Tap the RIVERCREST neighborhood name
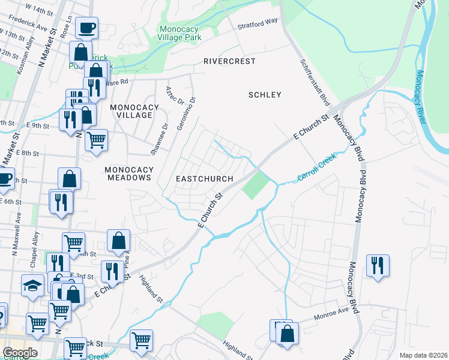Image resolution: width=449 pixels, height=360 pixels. [x=229, y=61]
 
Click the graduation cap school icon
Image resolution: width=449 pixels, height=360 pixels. [x=33, y=285]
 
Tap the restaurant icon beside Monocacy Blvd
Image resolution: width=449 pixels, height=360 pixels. [x=378, y=265]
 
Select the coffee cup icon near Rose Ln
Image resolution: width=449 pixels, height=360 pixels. [x=86, y=28]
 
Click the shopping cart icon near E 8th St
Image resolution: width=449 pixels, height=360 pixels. [x=96, y=140]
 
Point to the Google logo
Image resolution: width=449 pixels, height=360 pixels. [x=20, y=352]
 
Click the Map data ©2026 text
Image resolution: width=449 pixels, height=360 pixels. [x=424, y=355]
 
